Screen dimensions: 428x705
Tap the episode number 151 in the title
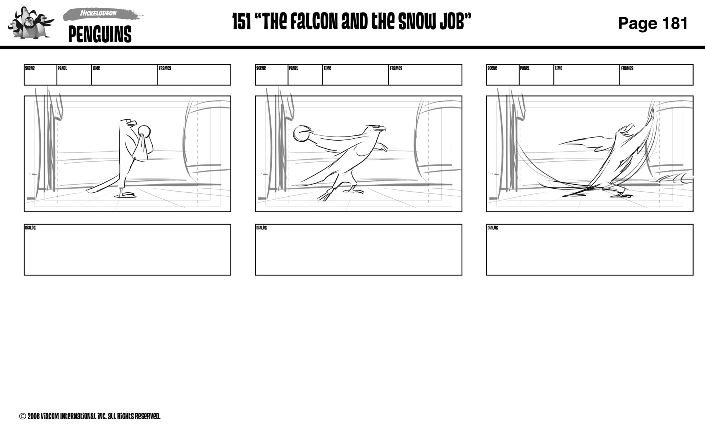242,22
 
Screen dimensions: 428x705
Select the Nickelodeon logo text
98,13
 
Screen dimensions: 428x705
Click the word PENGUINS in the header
100,35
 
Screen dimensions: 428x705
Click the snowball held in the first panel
144,131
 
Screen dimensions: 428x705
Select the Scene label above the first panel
30,68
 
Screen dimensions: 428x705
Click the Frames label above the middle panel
396,68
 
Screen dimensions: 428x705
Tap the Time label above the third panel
558,68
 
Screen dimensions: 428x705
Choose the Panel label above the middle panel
293,68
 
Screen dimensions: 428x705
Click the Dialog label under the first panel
30,228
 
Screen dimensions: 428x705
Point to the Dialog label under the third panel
492,228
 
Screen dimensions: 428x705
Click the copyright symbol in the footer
22,416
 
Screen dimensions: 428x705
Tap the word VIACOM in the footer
49,416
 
